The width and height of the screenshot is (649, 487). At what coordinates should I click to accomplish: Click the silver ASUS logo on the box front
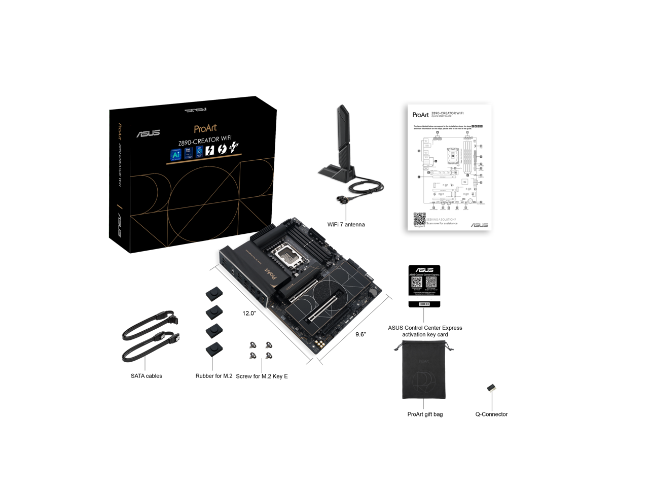coord(148,133)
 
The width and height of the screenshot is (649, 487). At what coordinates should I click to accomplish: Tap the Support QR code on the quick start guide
coord(419,219)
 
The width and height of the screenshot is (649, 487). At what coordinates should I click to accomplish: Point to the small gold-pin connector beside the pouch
coord(491,389)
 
